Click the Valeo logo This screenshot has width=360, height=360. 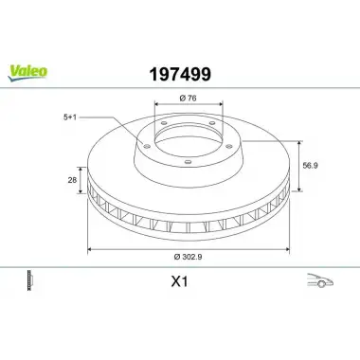[27, 73]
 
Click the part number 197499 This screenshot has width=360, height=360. [180, 75]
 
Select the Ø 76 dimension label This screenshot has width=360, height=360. [188, 98]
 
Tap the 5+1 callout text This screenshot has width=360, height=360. [70, 117]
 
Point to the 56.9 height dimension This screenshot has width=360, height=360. [310, 166]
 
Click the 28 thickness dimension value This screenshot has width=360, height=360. [72, 180]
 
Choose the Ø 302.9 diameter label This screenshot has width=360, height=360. [188, 257]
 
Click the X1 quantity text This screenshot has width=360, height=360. [179, 281]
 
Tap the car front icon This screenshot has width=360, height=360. [320, 280]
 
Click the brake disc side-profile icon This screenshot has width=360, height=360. [29, 280]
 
